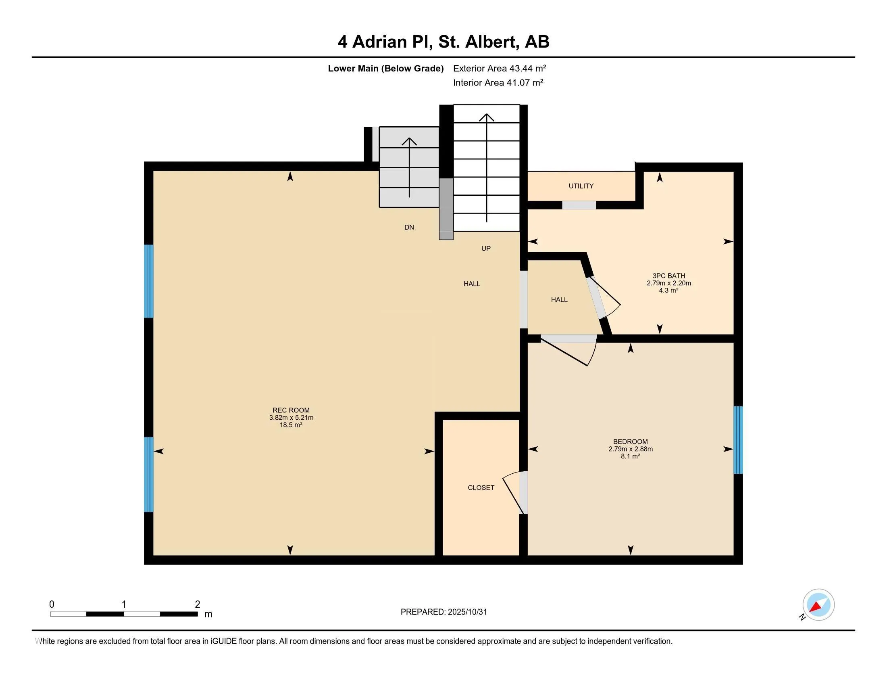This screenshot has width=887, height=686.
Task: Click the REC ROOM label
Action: tap(291, 410)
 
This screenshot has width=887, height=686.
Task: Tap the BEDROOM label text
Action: tap(630, 442)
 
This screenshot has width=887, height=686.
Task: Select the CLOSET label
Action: tap(481, 488)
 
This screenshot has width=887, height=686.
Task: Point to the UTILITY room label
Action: tap(581, 186)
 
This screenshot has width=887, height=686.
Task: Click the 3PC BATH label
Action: tap(668, 276)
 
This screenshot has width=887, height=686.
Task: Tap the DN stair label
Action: tap(409, 228)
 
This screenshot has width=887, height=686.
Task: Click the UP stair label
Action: tap(486, 248)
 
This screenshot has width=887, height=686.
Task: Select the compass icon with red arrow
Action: tap(818, 605)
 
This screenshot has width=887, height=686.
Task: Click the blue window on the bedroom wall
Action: tap(738, 440)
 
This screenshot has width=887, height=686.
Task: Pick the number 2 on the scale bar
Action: tap(198, 604)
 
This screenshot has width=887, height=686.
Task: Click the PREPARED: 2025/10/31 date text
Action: tap(443, 612)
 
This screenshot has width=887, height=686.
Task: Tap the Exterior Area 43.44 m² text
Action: tap(499, 68)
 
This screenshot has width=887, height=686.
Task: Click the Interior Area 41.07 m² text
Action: tap(498, 83)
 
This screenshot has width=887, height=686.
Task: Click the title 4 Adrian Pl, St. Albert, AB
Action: tap(443, 42)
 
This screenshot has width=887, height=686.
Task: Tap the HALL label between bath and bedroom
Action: tap(559, 300)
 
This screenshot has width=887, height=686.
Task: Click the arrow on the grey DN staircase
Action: tap(409, 167)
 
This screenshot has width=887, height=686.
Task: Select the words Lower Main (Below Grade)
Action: tap(385, 69)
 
